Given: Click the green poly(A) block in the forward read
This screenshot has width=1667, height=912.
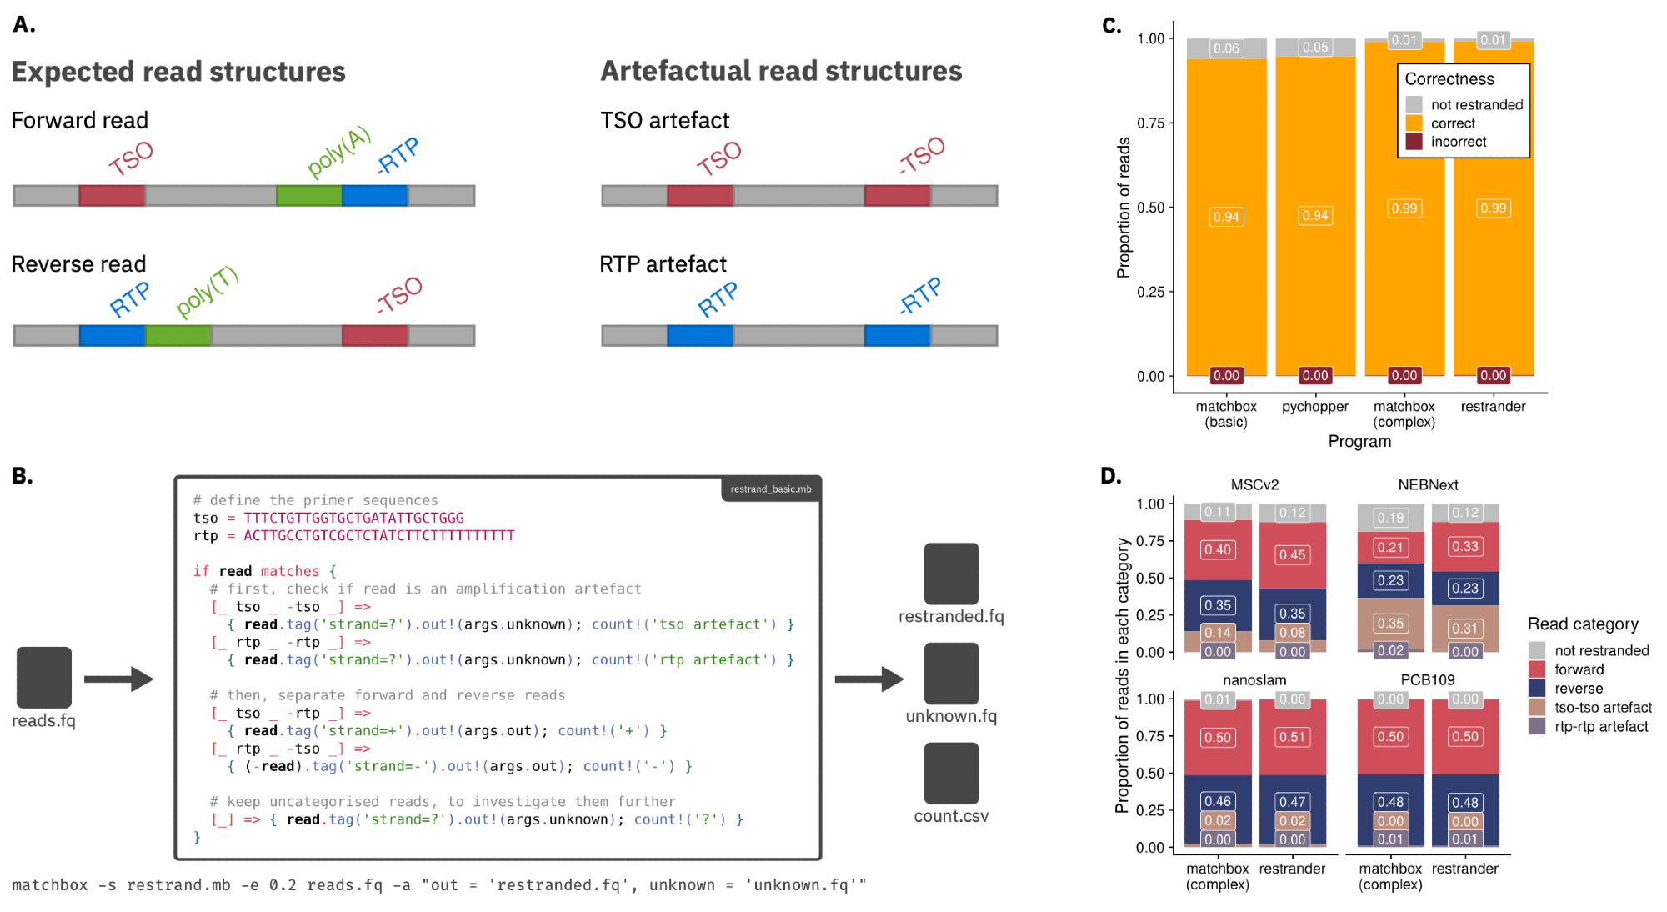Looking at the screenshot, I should click(308, 196).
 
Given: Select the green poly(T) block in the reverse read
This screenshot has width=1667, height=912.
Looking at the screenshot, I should click(178, 336).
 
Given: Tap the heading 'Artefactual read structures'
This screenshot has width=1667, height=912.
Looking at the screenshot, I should click(781, 72).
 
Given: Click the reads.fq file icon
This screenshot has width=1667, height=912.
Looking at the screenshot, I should click(44, 677).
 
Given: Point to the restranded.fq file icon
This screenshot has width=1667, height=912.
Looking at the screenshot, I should click(951, 574).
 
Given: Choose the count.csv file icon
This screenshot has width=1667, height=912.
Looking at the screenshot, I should click(951, 774).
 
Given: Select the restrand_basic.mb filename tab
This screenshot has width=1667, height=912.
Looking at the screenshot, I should click(771, 489).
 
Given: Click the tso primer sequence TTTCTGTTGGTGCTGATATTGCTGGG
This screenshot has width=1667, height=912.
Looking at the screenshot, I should click(353, 519).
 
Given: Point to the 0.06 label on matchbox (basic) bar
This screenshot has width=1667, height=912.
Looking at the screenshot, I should click(1226, 48).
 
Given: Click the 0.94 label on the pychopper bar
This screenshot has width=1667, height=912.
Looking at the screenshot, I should click(1315, 216).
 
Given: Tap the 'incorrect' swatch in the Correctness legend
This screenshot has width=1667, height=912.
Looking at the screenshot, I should click(1414, 142).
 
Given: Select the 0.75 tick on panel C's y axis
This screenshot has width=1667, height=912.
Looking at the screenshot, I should click(1151, 123).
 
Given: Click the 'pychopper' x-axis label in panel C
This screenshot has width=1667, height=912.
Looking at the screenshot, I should click(1315, 407).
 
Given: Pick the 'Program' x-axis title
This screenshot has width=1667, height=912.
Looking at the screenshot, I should click(1359, 442).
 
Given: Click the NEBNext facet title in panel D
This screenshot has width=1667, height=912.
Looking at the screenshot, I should click(1428, 485).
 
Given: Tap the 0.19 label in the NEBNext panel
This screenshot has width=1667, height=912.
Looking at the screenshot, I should click(1390, 518).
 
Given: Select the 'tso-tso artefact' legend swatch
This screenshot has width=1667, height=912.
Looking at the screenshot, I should click(1537, 708).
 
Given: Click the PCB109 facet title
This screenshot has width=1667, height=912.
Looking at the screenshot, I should click(1427, 680).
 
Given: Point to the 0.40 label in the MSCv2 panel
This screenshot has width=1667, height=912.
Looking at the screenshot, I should click(1218, 550).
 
